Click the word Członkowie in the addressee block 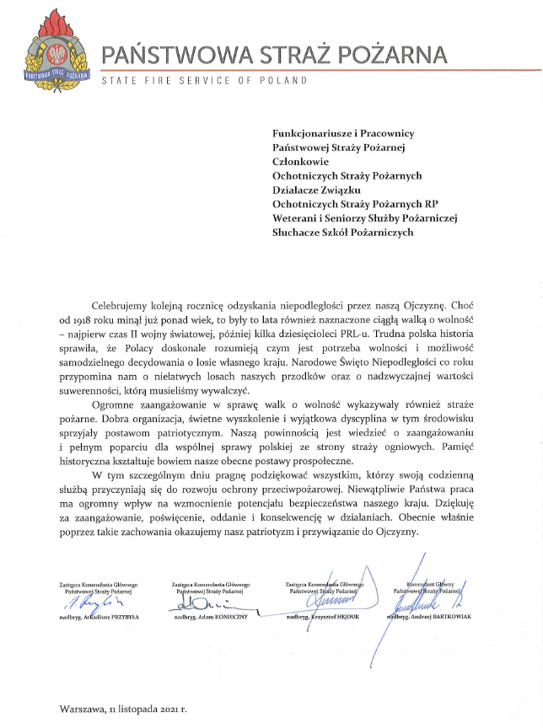[x=301, y=162]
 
